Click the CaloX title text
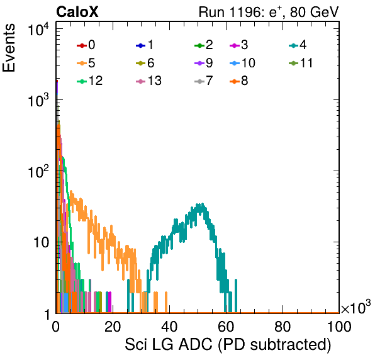(77, 12)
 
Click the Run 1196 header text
(269, 12)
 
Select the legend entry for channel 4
(298, 45)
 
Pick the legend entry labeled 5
(86, 63)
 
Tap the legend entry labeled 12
(90, 81)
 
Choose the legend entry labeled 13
(148, 81)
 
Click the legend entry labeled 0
(86, 45)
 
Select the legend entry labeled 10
(242, 63)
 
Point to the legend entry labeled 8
(238, 81)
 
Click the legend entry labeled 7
(203, 81)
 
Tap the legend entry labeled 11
(301, 63)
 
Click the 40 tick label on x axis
(169, 326)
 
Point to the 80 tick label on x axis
(283, 326)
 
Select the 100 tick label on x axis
(339, 326)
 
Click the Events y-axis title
(9, 48)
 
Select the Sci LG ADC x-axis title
(228, 345)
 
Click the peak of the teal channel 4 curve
(203, 204)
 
